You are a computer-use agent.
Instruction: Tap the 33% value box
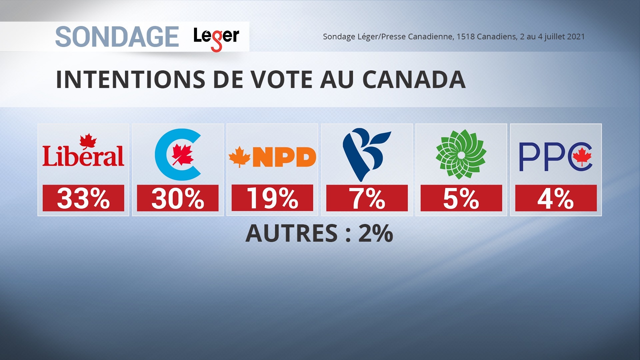(x=83, y=198)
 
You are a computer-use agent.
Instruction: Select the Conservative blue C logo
(x=178, y=154)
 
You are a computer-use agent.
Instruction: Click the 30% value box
(x=178, y=198)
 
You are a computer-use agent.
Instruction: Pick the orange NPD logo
(x=272, y=157)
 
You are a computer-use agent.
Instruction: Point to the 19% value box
(x=272, y=198)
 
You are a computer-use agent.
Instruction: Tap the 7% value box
(x=367, y=198)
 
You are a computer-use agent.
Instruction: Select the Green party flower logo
(x=461, y=154)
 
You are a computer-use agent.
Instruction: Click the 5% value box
(x=461, y=198)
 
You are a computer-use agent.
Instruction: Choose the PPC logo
(x=556, y=157)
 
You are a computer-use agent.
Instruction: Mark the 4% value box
(x=556, y=198)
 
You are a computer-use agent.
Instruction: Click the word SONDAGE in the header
(x=117, y=37)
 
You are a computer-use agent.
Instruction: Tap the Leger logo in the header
(x=216, y=37)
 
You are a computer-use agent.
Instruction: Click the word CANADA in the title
(x=414, y=80)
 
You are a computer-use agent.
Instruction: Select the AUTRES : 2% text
(x=319, y=233)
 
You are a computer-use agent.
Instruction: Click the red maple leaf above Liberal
(x=88, y=141)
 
